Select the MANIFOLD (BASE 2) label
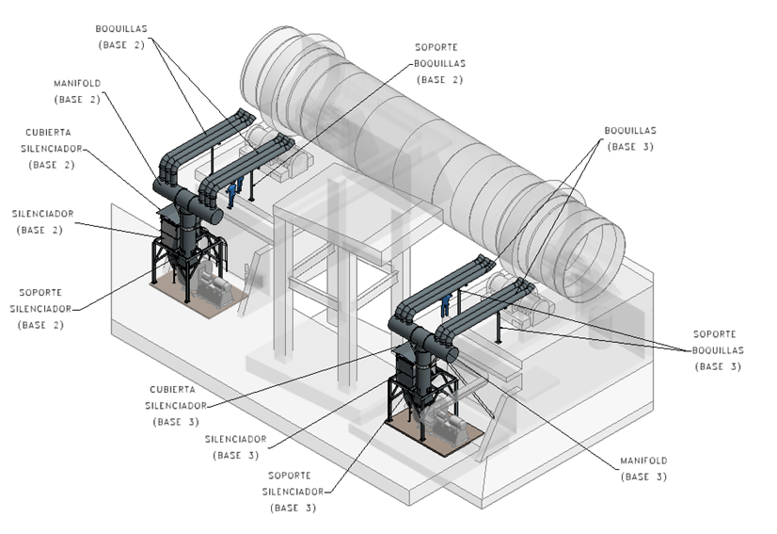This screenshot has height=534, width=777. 76,90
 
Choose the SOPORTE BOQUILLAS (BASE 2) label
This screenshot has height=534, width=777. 441,63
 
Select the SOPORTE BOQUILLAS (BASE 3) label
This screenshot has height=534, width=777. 718,349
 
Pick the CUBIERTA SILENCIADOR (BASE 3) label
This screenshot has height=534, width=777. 177,405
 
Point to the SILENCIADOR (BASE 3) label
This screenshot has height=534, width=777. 234,446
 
